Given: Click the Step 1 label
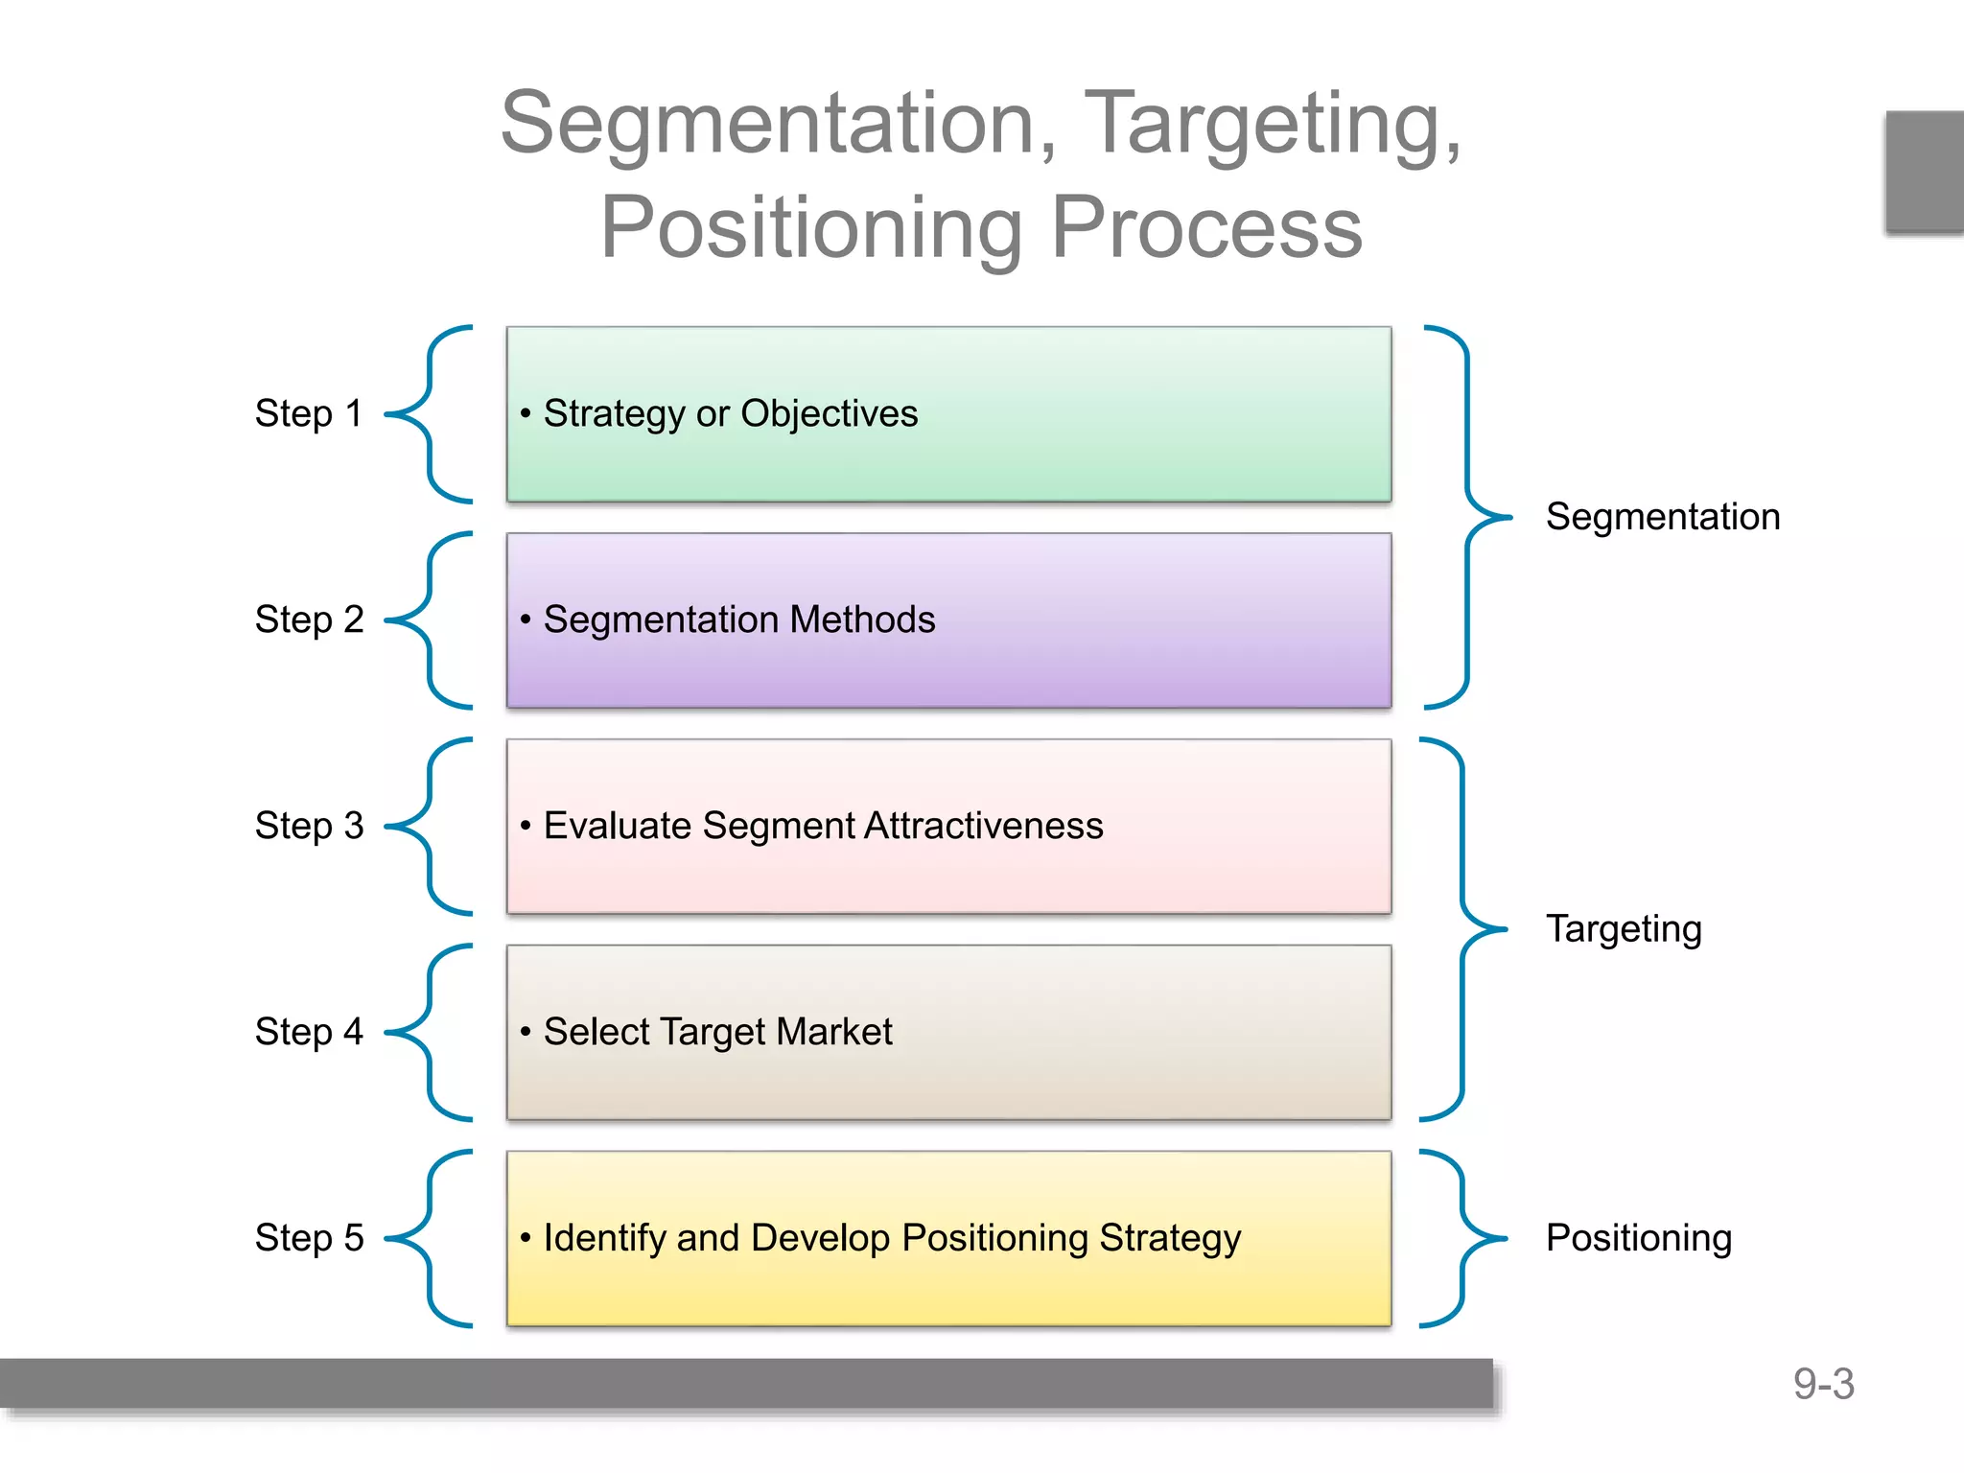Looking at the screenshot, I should (x=308, y=413).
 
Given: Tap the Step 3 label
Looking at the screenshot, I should (x=309, y=826).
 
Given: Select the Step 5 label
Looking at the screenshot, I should (x=309, y=1238).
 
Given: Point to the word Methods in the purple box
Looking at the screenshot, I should (x=862, y=620).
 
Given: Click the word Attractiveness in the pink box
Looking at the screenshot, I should (x=983, y=826).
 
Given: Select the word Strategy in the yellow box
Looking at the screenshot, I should (x=1169, y=1238).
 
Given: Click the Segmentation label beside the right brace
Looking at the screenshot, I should (x=1662, y=517).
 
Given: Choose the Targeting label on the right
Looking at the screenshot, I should (x=1624, y=929).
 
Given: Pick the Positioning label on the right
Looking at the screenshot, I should (x=1638, y=1238).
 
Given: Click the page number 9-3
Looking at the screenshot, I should (x=1823, y=1384).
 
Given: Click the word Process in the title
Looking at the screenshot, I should (x=1206, y=228).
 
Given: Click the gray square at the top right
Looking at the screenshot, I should (x=1924, y=172).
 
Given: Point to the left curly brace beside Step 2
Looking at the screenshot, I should (x=429, y=620).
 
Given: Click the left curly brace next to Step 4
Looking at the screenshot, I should (x=429, y=1033).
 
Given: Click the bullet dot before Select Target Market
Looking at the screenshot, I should (x=526, y=1032).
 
